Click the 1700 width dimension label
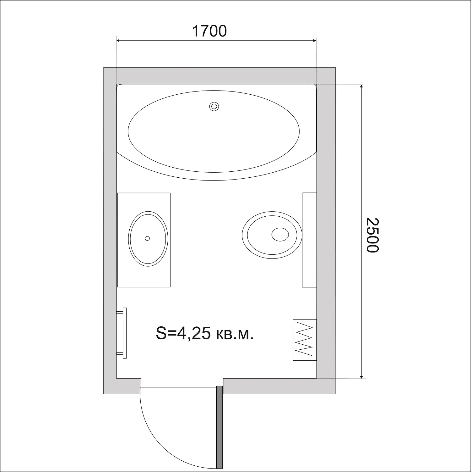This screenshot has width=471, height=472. point(209,31)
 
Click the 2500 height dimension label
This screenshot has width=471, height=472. point(373,235)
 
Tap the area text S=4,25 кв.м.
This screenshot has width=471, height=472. point(204,333)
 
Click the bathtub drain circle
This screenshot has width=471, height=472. point(214,107)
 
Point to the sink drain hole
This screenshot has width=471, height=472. point(147,238)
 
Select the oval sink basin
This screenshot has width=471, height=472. point(148,239)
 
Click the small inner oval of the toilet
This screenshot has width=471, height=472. point(280,235)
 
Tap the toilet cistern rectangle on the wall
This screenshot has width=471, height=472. point(310,240)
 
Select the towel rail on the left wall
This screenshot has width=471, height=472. point(122,333)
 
